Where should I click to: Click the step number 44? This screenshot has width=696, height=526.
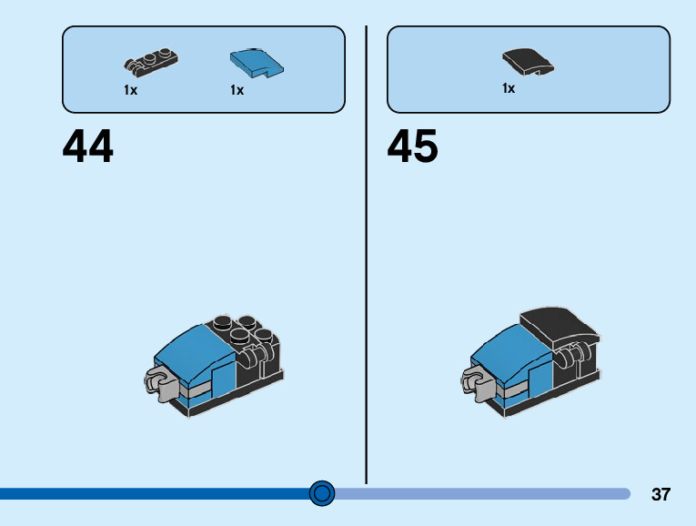(x=88, y=147)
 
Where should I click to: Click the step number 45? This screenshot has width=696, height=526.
(x=412, y=147)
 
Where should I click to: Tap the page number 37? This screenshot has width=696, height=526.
(x=661, y=495)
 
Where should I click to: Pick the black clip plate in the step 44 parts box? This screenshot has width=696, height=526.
(x=150, y=62)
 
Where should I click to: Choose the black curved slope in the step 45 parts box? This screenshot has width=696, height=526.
(x=527, y=61)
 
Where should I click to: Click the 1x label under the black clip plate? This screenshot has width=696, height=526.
(x=131, y=90)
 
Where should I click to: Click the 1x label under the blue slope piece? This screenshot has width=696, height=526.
(x=237, y=90)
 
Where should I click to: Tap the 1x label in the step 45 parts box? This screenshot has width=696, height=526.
(x=509, y=89)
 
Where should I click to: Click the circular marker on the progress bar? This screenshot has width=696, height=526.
(x=322, y=493)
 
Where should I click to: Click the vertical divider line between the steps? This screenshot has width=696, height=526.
(x=367, y=255)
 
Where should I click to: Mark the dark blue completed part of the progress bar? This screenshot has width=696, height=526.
(x=155, y=493)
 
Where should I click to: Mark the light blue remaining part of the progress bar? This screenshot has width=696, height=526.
(x=482, y=493)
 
